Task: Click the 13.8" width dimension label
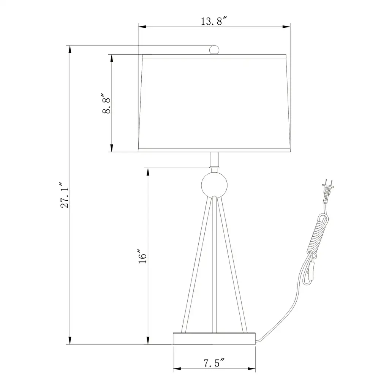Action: [x=214, y=21]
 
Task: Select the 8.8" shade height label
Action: [x=106, y=103]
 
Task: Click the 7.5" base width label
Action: [x=214, y=363]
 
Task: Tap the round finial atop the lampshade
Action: [x=214, y=50]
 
